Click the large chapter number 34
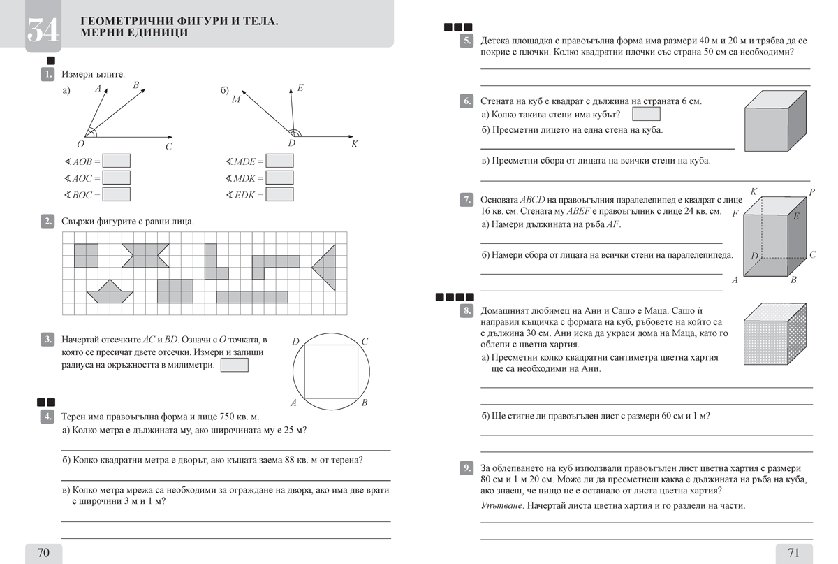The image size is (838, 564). [43, 29]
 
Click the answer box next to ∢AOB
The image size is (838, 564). [117, 161]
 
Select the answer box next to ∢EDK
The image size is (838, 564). [279, 194]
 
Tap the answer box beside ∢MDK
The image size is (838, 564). [279, 178]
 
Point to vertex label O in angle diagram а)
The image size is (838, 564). [80, 144]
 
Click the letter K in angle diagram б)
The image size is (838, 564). [354, 144]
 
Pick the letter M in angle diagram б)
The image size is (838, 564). [236, 99]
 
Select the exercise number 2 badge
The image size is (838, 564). [48, 222]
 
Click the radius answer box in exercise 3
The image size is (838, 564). [234, 365]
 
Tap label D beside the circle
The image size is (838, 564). [295, 341]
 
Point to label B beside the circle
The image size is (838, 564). [365, 403]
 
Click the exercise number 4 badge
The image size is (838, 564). [48, 417]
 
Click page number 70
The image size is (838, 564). [43, 553]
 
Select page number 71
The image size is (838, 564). [793, 553]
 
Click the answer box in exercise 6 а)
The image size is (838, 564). [645, 114]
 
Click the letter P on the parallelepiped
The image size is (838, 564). [812, 191]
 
